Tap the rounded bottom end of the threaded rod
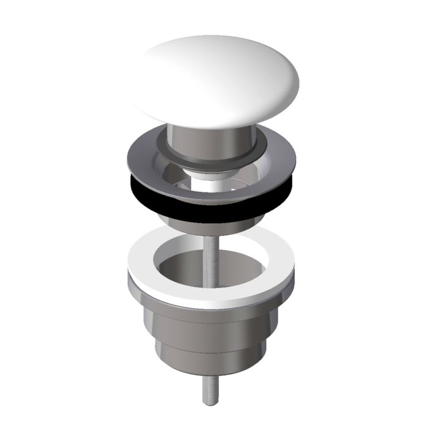pos(208,401)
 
